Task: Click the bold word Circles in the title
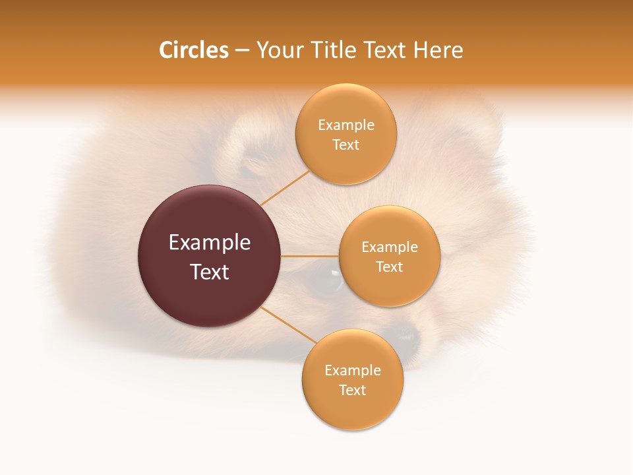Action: pos(193,50)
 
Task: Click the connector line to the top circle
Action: pos(285,188)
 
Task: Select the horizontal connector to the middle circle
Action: pos(310,255)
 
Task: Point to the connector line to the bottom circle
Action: pos(287,325)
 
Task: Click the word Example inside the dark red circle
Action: pos(209,243)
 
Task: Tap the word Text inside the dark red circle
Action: pos(209,272)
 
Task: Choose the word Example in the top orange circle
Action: pos(346,125)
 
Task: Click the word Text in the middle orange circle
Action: pos(389,267)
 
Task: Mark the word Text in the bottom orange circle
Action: pos(352,390)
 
